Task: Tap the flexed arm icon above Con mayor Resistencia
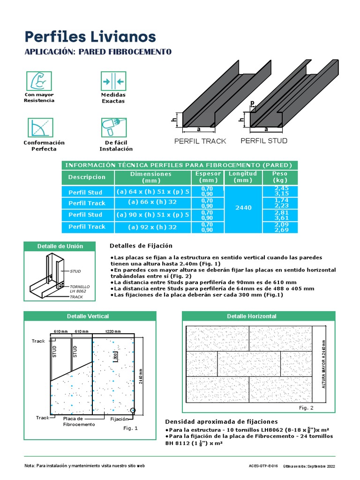tap(39, 81)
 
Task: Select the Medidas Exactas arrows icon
tap(113, 82)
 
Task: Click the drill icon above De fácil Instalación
tap(113, 127)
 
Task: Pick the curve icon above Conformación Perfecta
tap(39, 127)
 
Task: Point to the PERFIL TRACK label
tap(200, 141)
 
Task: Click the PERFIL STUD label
tap(264, 141)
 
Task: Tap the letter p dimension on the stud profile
tap(252, 103)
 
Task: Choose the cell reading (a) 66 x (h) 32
tap(152, 202)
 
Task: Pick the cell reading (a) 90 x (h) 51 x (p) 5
tap(152, 215)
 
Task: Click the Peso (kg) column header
tap(280, 177)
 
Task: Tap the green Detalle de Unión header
tap(60, 246)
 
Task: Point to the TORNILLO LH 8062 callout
tap(79, 288)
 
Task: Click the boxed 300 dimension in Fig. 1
tap(115, 356)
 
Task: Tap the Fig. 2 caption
tap(306, 408)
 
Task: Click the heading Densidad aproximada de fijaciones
tap(221, 421)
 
